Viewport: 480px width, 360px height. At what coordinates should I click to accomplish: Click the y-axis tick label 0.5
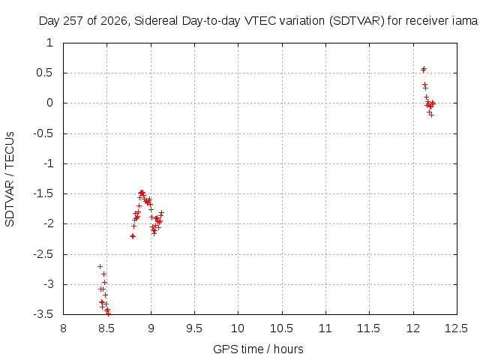click(45, 73)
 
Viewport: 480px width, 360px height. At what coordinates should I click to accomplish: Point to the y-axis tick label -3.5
click(43, 314)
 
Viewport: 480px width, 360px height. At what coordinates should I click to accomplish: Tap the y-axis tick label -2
click(48, 223)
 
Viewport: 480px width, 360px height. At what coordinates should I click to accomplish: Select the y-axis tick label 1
click(50, 43)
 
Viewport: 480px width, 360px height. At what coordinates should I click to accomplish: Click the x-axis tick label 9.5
click(194, 328)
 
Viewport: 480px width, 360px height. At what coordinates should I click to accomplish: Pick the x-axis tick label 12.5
click(456, 328)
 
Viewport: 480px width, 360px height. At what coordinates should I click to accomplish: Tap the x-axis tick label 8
click(63, 328)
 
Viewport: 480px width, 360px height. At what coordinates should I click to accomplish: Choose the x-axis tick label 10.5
click(282, 328)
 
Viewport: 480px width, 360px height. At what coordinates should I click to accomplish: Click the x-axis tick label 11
click(325, 328)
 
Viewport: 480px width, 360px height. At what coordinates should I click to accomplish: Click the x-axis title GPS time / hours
click(258, 349)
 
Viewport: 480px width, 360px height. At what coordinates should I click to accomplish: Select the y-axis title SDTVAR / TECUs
click(10, 179)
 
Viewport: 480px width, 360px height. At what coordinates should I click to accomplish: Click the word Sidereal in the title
click(156, 21)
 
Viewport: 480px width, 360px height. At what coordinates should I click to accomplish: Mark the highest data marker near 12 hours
click(424, 68)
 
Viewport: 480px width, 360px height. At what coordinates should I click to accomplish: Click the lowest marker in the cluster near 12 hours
click(432, 115)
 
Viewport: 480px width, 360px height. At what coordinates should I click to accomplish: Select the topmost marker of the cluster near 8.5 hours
click(100, 267)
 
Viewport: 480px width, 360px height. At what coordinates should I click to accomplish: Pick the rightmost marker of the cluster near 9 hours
click(162, 212)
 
